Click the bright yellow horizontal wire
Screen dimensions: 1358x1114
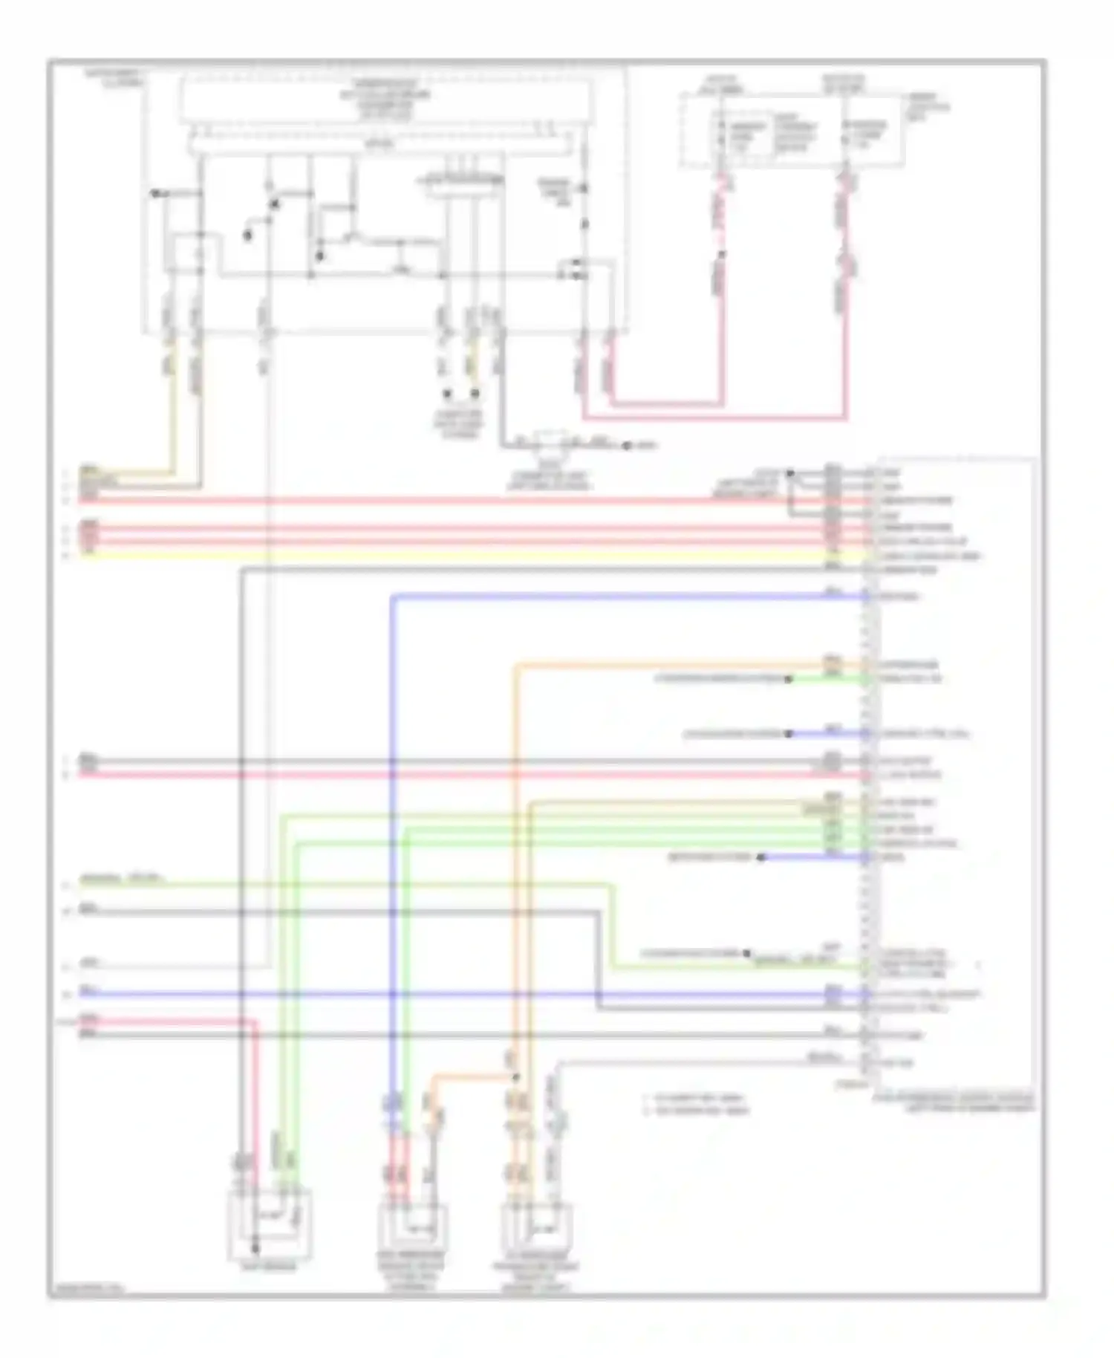pyautogui.click(x=446, y=556)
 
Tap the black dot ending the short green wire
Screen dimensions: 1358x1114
pyautogui.click(x=789, y=679)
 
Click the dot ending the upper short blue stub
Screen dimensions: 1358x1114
pyautogui.click(x=789, y=734)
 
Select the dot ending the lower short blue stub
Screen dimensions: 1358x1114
pyautogui.click(x=760, y=857)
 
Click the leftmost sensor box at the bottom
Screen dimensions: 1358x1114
pyautogui.click(x=270, y=1224)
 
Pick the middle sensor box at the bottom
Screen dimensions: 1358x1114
pyautogui.click(x=412, y=1232)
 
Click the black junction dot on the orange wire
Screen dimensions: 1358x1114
pyautogui.click(x=516, y=1076)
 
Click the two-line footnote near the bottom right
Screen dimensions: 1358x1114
pyautogui.click(x=697, y=1104)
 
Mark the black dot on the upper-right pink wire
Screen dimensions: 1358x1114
pyautogui.click(x=722, y=254)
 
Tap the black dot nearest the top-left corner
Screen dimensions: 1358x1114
pyautogui.click(x=154, y=193)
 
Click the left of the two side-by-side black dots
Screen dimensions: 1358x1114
pyautogui.click(x=448, y=394)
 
